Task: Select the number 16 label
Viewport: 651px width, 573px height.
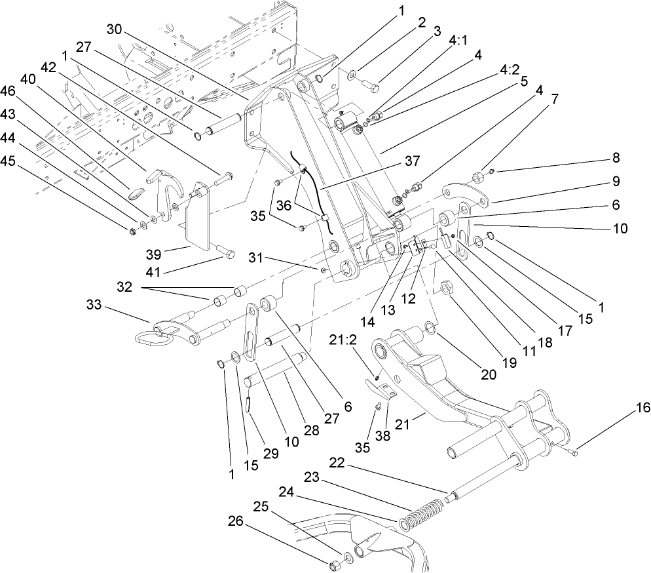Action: pyautogui.click(x=642, y=408)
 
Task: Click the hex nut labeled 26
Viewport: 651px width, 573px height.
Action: pyautogui.click(x=333, y=564)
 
